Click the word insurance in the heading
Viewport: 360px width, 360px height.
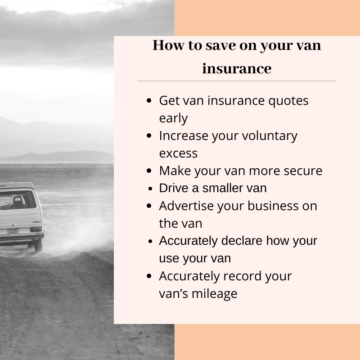[237, 68]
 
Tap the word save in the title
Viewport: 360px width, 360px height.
[220, 45]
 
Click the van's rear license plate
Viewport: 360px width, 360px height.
[13, 232]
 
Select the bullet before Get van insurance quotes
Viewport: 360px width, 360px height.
[149, 100]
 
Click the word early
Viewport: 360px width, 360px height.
[173, 118]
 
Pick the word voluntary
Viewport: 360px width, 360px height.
[270, 136]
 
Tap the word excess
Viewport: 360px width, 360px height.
[178, 153]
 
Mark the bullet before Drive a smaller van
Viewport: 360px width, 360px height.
[150, 189]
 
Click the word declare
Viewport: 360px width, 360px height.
[242, 241]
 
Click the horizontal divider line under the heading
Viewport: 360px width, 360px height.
[237, 81]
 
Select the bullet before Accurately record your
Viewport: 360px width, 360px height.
[149, 276]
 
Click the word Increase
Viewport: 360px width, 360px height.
[184, 136]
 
